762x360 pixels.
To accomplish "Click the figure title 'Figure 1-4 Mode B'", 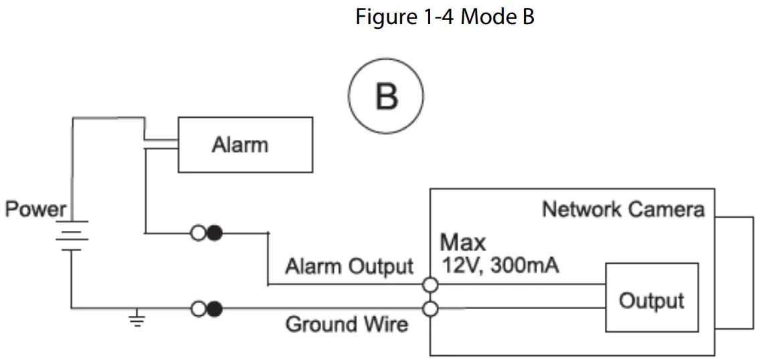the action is click(x=445, y=17).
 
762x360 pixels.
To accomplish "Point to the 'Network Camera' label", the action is click(x=624, y=209).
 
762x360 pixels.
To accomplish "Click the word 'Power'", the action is click(x=35, y=209).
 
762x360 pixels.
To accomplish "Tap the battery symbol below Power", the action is click(x=72, y=236).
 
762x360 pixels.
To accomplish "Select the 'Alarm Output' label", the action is click(x=349, y=266).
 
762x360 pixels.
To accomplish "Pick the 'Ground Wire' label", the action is click(x=347, y=324).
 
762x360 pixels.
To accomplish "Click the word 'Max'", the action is click(x=463, y=242).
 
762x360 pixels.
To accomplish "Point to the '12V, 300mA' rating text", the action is click(x=500, y=265).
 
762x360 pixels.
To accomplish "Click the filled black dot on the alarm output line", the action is click(x=214, y=234).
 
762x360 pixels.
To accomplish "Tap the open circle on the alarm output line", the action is click(x=199, y=234).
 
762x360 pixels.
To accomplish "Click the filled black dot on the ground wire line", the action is click(x=214, y=308).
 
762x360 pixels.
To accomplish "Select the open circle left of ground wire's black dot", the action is click(x=199, y=308).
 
